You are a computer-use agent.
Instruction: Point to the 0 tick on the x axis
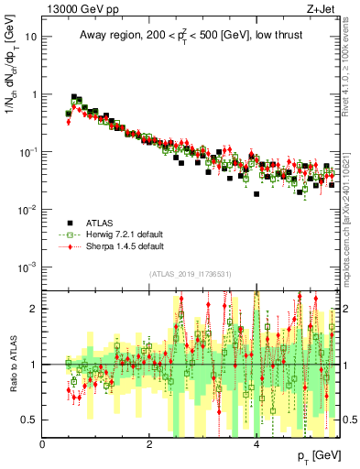click(43, 443)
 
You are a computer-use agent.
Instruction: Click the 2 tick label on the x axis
click(149, 443)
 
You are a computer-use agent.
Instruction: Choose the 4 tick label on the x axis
click(256, 443)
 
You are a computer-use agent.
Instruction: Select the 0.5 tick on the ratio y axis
click(30, 420)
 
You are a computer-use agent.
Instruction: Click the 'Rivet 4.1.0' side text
click(350, 69)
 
